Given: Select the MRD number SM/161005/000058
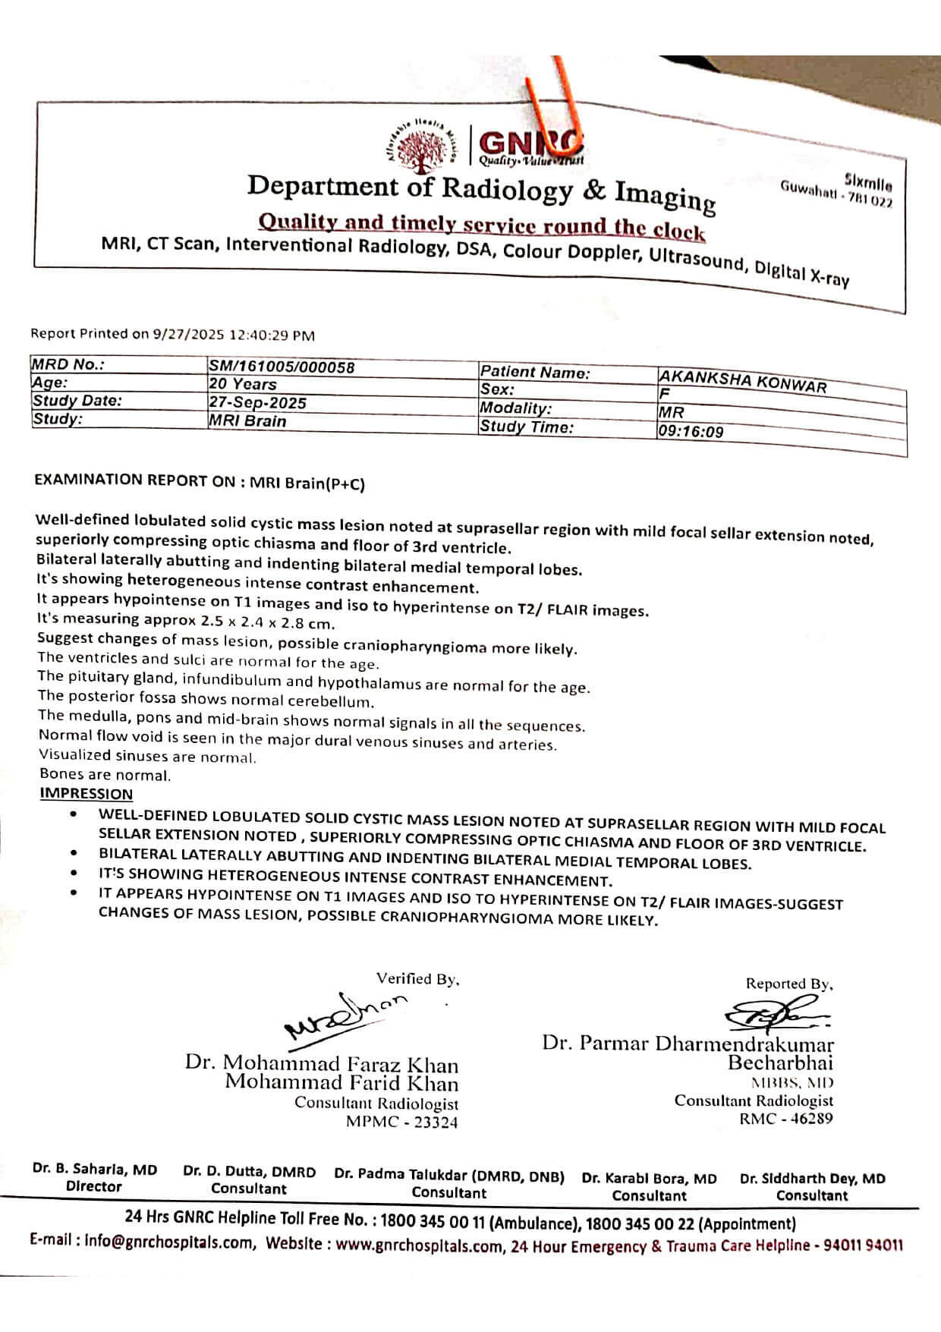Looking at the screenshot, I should pyautogui.click(x=282, y=367).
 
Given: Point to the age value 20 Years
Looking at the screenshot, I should pyautogui.click(x=243, y=385).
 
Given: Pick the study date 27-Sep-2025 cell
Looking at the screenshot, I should pyautogui.click(x=258, y=403).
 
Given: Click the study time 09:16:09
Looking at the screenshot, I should pyautogui.click(x=691, y=432).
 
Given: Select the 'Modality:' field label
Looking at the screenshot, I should pyautogui.click(x=515, y=408).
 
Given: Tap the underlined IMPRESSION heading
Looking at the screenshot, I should pyautogui.click(x=86, y=794).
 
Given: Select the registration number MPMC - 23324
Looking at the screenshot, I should pyautogui.click(x=401, y=1123).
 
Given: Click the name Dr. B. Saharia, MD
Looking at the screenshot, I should pyautogui.click(x=95, y=1170).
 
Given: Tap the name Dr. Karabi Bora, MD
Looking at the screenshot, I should pyautogui.click(x=649, y=1179).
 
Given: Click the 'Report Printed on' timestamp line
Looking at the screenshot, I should pyautogui.click(x=172, y=334).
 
